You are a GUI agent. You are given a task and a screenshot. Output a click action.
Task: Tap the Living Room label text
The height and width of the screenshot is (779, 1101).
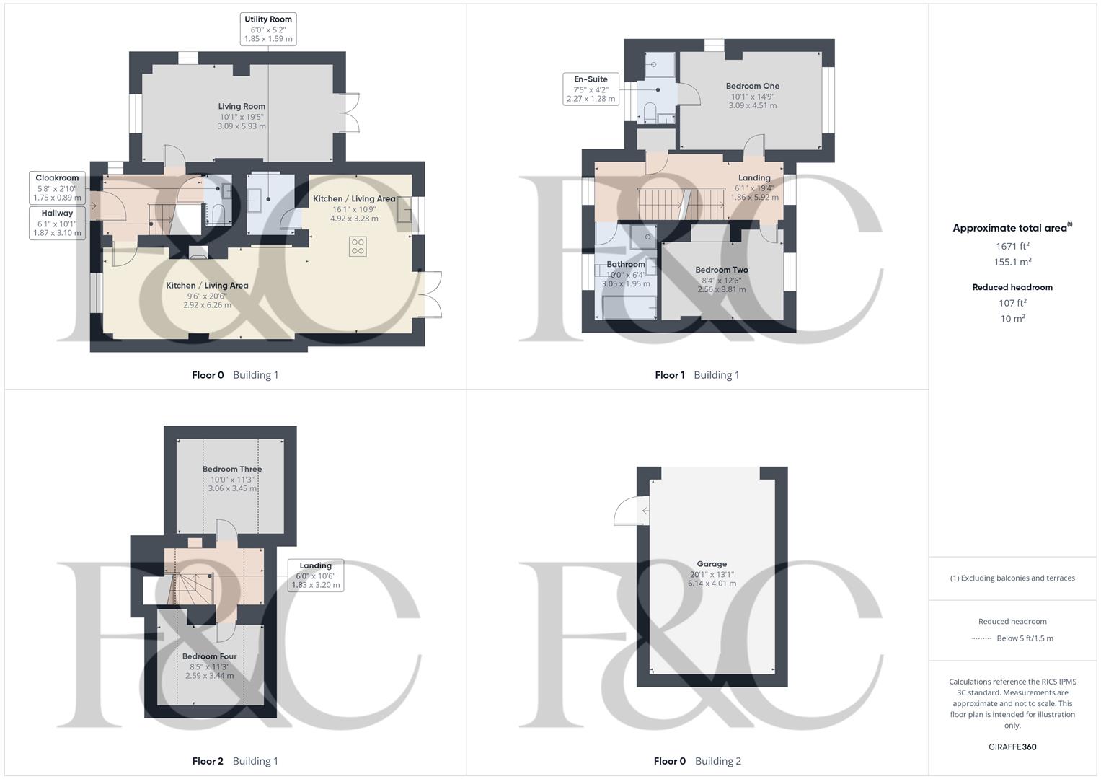click(x=242, y=107)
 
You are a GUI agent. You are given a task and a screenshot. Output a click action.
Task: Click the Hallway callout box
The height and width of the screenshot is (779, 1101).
click(x=57, y=223)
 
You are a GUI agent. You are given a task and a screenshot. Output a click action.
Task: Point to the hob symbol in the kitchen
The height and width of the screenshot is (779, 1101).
click(x=358, y=247)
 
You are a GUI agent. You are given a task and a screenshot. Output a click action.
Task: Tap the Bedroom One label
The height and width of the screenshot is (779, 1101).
click(x=752, y=87)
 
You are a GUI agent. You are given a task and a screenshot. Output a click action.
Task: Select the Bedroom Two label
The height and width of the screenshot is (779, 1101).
click(x=721, y=270)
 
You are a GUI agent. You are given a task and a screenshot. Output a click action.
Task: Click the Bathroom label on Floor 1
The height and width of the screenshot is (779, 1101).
click(x=625, y=265)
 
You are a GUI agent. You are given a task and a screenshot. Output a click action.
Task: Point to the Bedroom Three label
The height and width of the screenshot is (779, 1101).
click(x=231, y=470)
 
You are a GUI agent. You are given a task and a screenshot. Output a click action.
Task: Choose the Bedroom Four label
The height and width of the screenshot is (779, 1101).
click(x=209, y=657)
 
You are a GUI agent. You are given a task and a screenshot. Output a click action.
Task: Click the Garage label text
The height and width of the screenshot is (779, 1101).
click(x=712, y=565)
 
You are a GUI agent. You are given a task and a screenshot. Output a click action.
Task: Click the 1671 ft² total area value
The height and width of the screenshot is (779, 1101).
click(x=1012, y=247)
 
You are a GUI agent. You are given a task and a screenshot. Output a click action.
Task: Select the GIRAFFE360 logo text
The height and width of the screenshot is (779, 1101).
click(x=1012, y=747)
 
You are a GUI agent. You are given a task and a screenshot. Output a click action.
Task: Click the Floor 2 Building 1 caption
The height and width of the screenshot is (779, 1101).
click(x=235, y=761)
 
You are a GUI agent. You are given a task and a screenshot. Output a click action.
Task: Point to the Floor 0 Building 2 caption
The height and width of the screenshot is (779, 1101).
click(x=697, y=761)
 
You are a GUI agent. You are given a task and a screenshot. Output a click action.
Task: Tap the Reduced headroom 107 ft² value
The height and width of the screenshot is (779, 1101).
click(x=1012, y=304)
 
